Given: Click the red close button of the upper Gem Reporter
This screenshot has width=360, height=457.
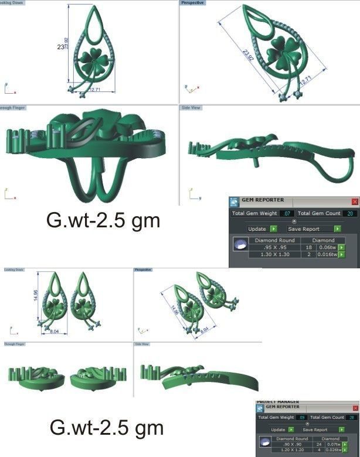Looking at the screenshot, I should [x=354, y=201].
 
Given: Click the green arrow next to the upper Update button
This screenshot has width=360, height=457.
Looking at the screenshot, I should [x=273, y=229].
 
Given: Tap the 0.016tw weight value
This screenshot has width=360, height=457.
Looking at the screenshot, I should [x=328, y=255].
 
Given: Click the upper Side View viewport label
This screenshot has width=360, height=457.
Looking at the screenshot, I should [x=191, y=108].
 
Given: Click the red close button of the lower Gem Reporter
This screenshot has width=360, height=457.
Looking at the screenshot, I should [x=355, y=407].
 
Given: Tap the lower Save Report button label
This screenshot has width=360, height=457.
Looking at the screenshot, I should [x=315, y=430].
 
